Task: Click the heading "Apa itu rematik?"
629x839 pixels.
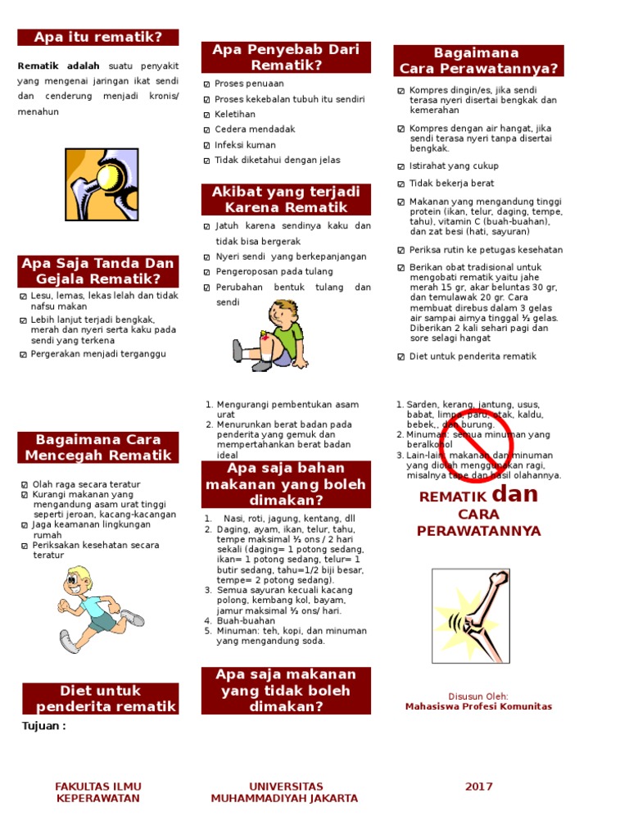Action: (98, 38)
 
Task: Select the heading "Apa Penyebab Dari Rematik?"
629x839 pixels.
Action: (286, 57)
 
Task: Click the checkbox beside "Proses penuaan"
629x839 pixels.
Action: (207, 84)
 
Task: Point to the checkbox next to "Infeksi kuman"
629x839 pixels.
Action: (207, 145)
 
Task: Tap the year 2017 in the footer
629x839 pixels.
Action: (479, 787)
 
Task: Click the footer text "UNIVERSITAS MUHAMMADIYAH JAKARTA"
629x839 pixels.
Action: (286, 792)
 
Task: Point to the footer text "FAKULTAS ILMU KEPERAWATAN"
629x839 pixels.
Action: (97, 792)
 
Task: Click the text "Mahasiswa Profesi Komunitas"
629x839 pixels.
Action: (478, 706)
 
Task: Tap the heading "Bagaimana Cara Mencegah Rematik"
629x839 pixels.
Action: (98, 447)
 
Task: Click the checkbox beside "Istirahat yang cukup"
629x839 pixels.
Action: (401, 166)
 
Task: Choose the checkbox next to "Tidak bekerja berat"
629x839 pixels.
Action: (401, 184)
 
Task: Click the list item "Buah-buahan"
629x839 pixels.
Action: (245, 621)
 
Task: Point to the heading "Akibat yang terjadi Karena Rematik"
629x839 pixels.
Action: (286, 199)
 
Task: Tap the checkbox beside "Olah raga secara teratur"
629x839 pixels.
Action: (25, 485)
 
